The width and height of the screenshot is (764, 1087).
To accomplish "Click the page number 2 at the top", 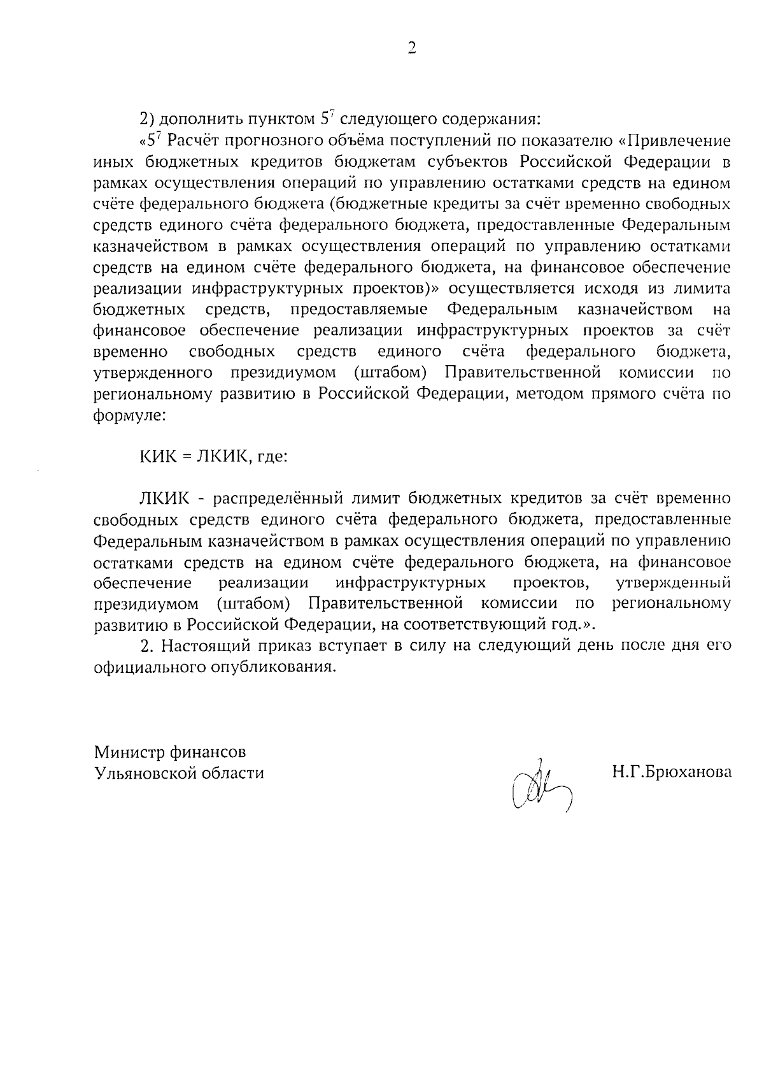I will click(411, 48).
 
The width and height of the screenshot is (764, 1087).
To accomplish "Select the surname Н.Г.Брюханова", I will click(671, 772).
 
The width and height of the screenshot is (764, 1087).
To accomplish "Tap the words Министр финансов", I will click(169, 752).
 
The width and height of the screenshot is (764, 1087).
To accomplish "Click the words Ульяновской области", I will click(178, 773).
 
